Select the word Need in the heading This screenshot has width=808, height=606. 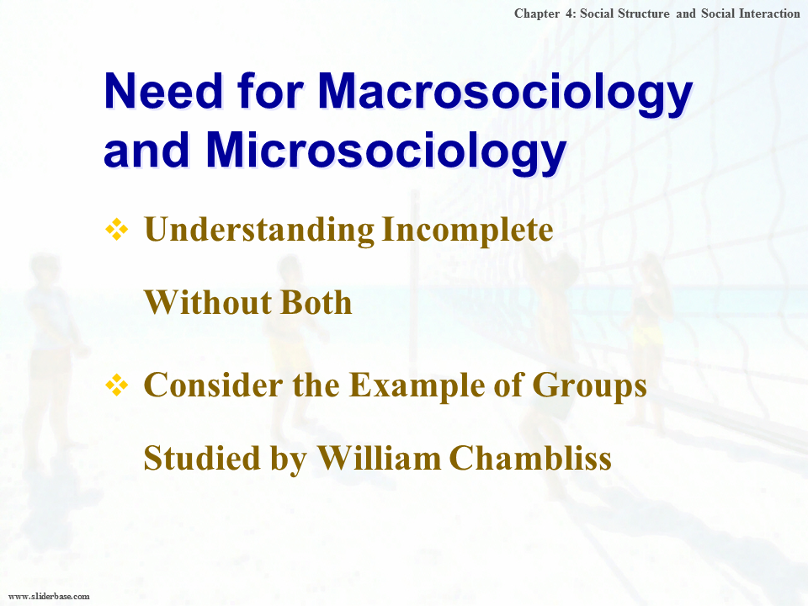(163, 91)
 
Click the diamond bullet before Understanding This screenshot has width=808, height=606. (117, 229)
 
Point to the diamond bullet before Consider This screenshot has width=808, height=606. (117, 385)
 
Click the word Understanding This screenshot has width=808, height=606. (259, 230)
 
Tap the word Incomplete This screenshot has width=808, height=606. (467, 231)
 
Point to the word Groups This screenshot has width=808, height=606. (589, 386)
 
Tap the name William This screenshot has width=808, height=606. (379, 458)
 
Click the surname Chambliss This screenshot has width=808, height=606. (530, 458)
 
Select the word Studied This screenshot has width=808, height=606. (202, 458)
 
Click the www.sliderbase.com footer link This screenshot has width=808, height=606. (49, 596)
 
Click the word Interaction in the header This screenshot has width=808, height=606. (769, 14)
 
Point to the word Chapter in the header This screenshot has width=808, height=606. (537, 14)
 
